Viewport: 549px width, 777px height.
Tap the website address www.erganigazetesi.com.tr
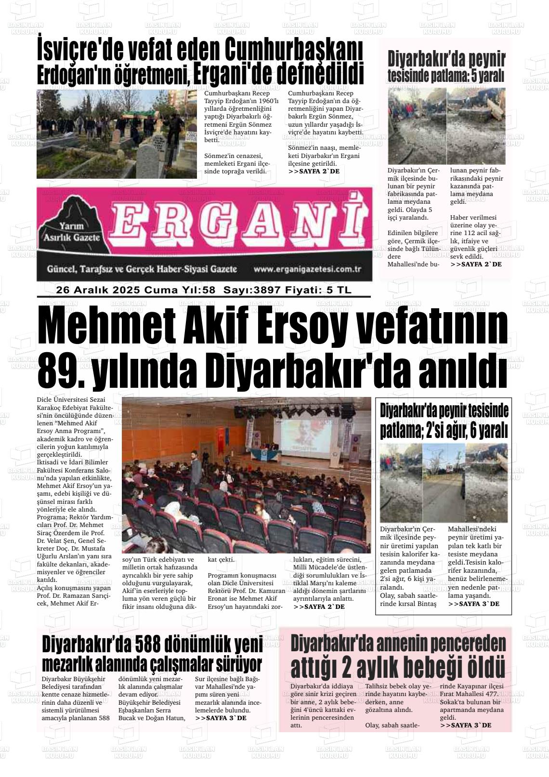(x=307, y=269)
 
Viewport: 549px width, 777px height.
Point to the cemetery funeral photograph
(x=116, y=133)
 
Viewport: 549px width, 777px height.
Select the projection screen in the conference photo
(x=306, y=436)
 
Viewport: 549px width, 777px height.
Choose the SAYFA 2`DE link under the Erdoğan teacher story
(x=314, y=171)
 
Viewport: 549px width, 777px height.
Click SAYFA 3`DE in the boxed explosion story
(x=473, y=604)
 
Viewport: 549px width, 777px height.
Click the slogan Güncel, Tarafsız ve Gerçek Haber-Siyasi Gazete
(x=142, y=269)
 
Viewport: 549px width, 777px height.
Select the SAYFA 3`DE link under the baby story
(x=465, y=725)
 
